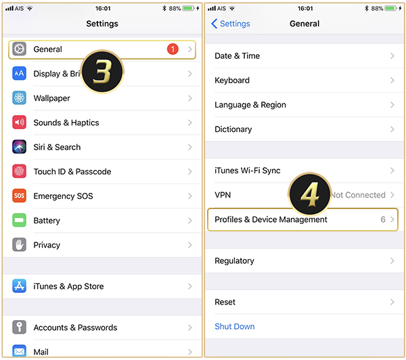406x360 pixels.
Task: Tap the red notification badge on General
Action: [173, 49]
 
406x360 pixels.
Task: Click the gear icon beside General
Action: [19, 49]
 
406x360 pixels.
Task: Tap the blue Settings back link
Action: [231, 24]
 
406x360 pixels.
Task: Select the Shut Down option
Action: [235, 326]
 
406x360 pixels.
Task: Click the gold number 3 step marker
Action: [102, 72]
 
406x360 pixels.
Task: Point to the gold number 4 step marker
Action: [310, 194]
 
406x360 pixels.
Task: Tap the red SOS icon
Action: [19, 196]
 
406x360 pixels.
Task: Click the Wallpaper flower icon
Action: [19, 98]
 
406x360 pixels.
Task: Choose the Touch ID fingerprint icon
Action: [19, 171]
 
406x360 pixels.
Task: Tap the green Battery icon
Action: [19, 220]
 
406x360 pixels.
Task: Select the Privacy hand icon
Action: [19, 244]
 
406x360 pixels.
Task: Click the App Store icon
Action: [19, 286]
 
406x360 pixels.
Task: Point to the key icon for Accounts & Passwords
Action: [19, 327]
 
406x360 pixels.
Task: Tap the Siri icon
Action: [19, 147]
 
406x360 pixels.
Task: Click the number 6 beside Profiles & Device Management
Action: [383, 219]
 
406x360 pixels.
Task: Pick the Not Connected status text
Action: [359, 195]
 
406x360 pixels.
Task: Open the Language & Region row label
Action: [250, 105]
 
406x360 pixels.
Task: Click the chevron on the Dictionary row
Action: [392, 129]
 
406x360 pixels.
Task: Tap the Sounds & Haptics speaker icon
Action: [19, 122]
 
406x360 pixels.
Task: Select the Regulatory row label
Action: [234, 261]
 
